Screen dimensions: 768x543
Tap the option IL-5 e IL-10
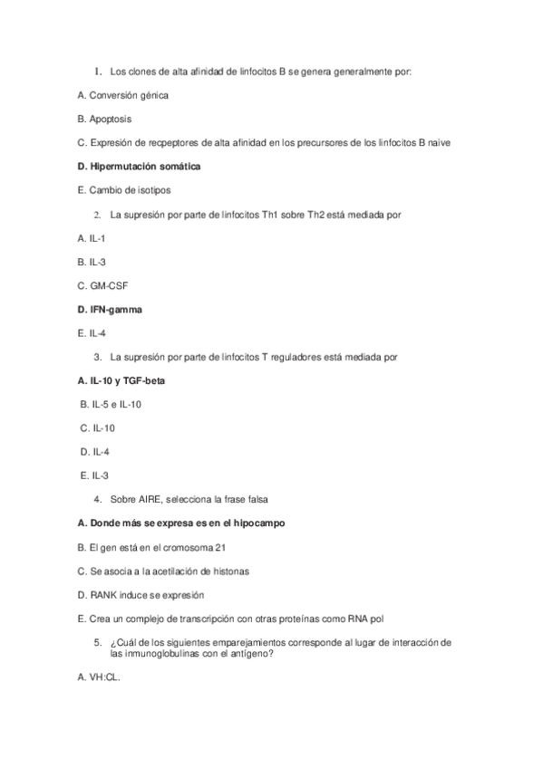[112, 404]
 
